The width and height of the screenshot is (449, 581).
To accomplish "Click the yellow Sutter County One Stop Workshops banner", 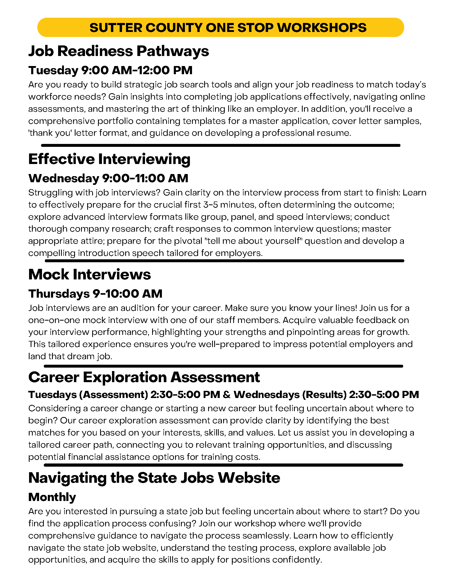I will point(221,27).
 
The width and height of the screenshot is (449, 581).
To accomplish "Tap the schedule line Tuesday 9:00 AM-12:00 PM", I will point(110,70).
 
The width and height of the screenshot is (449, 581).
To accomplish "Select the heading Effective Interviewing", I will point(109,159).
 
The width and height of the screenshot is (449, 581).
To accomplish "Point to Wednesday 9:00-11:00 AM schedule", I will point(108,178).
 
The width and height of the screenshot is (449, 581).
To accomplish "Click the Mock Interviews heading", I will point(90,274).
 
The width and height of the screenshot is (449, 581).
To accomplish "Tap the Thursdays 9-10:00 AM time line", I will point(95,294).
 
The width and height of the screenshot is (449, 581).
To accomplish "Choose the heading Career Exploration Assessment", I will point(144,377).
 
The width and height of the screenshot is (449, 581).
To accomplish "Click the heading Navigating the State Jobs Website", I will point(154,478).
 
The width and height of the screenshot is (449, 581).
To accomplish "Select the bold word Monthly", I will point(52,497).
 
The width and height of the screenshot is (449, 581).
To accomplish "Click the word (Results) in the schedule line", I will point(325,395).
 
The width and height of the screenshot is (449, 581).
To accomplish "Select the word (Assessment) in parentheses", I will point(114,395).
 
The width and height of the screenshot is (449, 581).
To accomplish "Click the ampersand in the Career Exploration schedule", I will point(227,395).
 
